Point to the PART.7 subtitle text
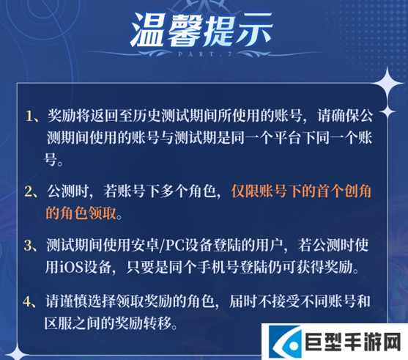204,55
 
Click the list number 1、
31,117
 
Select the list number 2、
31,191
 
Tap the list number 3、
31,246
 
